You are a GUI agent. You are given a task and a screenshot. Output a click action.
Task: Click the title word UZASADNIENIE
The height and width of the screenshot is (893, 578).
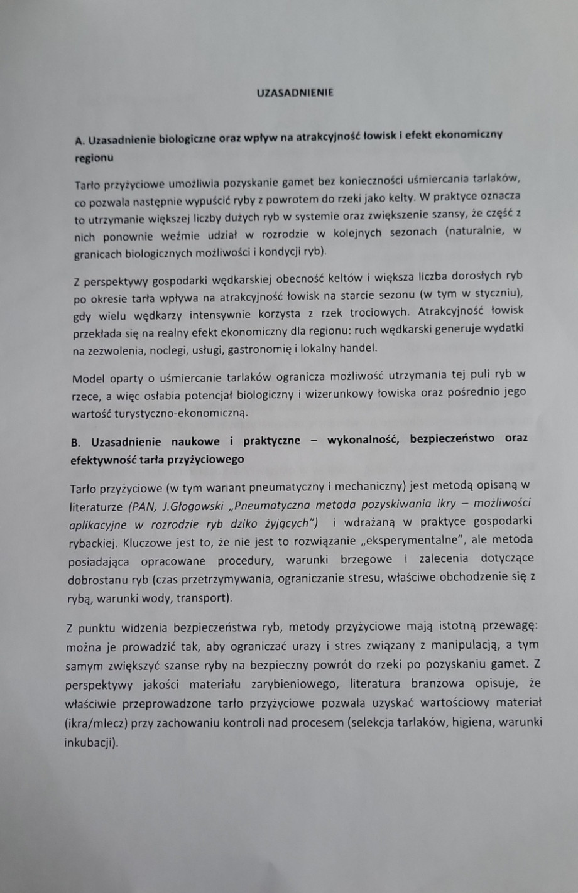(x=295, y=92)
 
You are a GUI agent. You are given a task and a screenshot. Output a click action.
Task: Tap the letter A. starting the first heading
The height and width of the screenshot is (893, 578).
(x=80, y=140)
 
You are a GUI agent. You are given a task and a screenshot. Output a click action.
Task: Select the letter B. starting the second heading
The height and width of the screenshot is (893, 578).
(x=77, y=441)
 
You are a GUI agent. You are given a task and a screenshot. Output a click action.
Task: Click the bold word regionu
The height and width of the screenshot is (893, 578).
(x=94, y=158)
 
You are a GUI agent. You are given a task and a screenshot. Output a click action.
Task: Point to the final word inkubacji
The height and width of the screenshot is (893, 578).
(x=92, y=743)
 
